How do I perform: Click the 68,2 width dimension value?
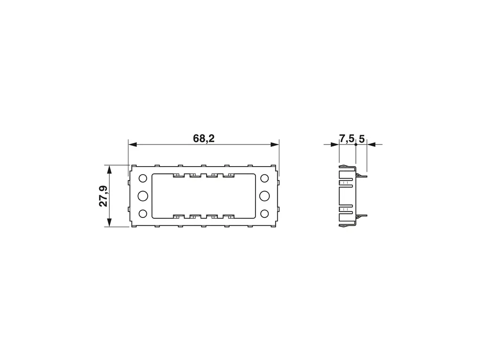(x=204, y=139)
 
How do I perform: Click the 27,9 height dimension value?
(x=104, y=196)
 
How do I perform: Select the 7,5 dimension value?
(x=346, y=139)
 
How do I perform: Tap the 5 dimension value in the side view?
(x=361, y=139)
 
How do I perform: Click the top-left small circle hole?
(x=143, y=178)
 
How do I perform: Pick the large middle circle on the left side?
(x=143, y=196)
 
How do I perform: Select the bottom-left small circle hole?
(x=143, y=213)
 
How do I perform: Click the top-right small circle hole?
(x=264, y=178)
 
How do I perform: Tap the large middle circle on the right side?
(x=264, y=196)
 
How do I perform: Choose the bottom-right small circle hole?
(x=264, y=213)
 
